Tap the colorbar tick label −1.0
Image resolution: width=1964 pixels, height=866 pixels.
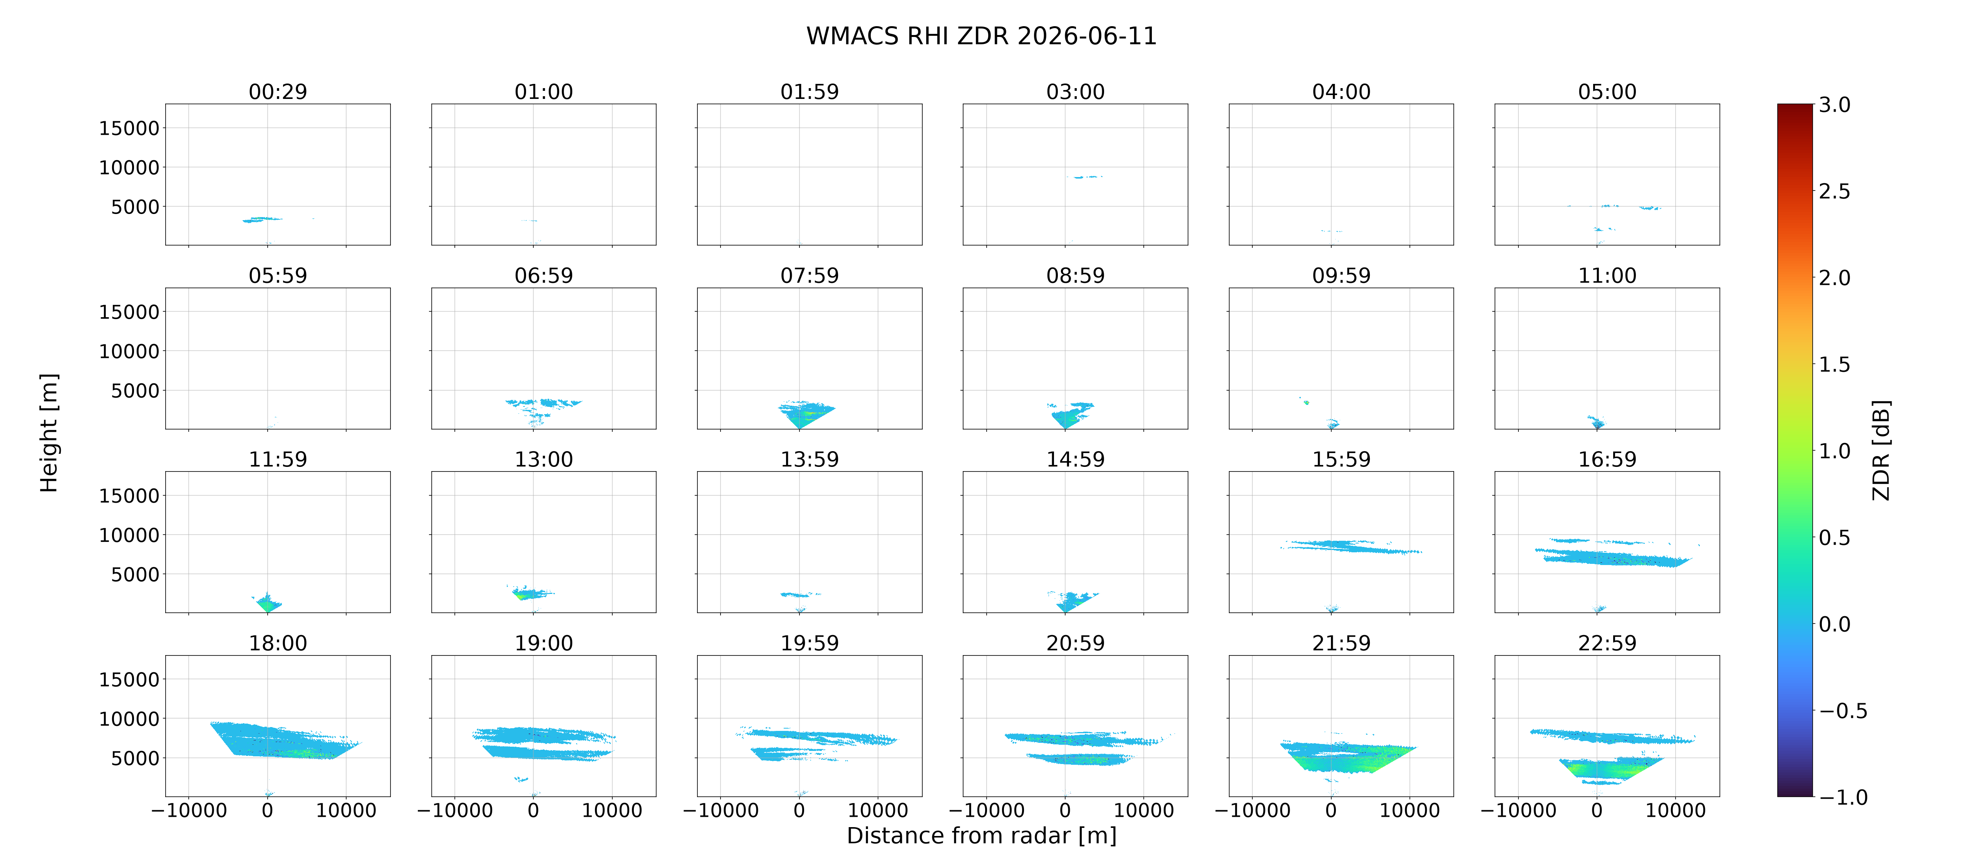pyautogui.click(x=1843, y=797)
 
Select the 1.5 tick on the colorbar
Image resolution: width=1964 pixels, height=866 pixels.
pyautogui.click(x=1834, y=364)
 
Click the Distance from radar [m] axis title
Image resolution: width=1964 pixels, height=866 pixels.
pyautogui.click(x=981, y=836)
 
